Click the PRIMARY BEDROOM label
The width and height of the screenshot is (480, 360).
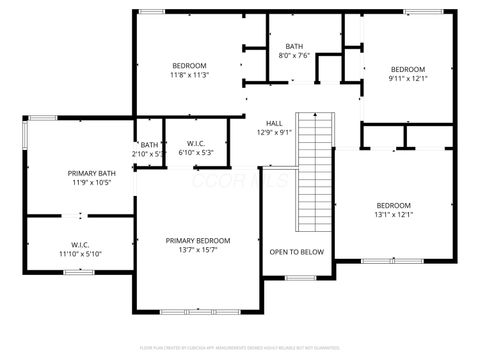(198, 240)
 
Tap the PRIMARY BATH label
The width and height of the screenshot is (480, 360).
(91, 173)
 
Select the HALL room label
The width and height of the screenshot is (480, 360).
(273, 122)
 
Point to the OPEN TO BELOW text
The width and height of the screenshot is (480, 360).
(297, 252)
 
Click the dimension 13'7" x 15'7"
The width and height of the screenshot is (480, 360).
(198, 250)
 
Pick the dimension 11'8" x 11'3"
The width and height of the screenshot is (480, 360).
(188, 75)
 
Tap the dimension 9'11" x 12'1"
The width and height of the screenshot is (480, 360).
(407, 78)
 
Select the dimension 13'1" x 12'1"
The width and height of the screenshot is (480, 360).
(393, 214)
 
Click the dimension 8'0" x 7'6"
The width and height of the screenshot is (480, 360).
(294, 56)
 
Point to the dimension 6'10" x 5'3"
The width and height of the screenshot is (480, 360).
(195, 153)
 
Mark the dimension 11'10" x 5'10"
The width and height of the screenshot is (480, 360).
(80, 254)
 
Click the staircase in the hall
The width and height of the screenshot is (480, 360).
(316, 170)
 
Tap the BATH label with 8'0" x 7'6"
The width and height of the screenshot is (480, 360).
(294, 46)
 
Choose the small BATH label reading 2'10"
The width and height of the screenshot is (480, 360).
(148, 145)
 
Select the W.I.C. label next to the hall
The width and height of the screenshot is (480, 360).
(195, 144)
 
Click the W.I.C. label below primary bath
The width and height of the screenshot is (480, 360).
(80, 244)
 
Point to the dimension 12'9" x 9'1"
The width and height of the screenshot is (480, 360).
(273, 132)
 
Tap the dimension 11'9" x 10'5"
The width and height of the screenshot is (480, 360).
(91, 183)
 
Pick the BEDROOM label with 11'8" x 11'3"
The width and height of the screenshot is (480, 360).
(188, 65)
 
